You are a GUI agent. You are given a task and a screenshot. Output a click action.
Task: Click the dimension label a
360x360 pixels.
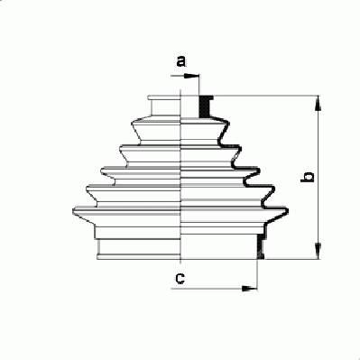point(180,61)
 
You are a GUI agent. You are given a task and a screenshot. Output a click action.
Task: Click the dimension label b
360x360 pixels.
point(308,177)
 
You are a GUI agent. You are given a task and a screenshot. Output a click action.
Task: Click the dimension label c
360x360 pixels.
point(180,279)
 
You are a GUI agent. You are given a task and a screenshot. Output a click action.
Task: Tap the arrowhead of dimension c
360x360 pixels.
point(250,289)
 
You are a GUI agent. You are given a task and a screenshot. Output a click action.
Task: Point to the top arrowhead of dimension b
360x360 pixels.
point(318,104)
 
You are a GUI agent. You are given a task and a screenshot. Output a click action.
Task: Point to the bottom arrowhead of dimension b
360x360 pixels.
point(318,251)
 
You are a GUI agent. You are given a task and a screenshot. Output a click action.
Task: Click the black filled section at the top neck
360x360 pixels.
point(205,106)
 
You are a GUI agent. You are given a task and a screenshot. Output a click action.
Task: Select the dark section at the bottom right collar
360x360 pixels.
point(261,246)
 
